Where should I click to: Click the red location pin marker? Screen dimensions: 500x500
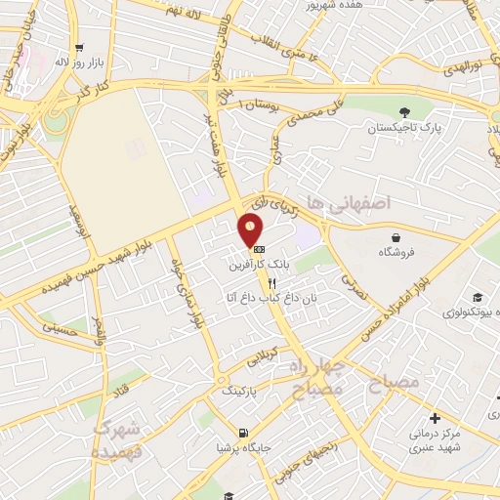[x=251, y=231]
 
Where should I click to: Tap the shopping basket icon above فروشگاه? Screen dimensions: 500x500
[x=396, y=237]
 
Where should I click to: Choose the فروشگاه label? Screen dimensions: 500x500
[x=396, y=252]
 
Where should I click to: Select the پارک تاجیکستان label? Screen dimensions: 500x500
[x=405, y=128]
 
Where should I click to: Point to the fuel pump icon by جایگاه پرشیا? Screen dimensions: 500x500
[x=242, y=433]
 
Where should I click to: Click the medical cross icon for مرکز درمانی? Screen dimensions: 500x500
[x=435, y=418]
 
